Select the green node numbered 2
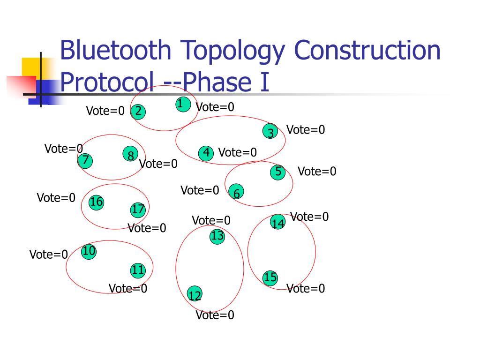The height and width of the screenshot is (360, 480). click(x=138, y=112)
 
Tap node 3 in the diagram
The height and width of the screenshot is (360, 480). click(x=270, y=132)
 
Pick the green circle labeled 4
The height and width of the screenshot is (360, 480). click(x=206, y=153)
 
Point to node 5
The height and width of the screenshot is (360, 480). click(x=278, y=172)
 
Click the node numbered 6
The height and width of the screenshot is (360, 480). click(x=237, y=192)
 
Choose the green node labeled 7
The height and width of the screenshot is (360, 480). click(x=85, y=160)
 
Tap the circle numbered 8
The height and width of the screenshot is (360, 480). click(x=131, y=155)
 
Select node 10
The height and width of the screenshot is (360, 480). click(x=89, y=252)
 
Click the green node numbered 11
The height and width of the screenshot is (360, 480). click(x=138, y=270)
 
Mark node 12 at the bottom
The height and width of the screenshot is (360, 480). click(x=195, y=294)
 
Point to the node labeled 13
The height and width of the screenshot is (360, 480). click(x=217, y=236)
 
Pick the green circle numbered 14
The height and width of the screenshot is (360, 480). click(x=278, y=223)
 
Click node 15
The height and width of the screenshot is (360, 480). click(x=270, y=277)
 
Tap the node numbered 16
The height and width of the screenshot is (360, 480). click(x=96, y=202)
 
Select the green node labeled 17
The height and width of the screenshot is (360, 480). click(x=138, y=210)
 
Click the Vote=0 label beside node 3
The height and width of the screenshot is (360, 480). click(x=306, y=130)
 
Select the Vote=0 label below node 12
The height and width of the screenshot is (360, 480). click(x=215, y=315)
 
